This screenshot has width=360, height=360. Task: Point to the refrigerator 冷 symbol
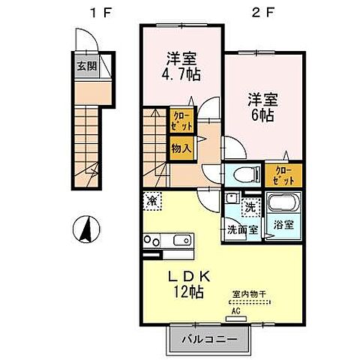(x=152, y=200)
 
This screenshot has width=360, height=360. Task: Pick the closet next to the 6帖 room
(x=283, y=175)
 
